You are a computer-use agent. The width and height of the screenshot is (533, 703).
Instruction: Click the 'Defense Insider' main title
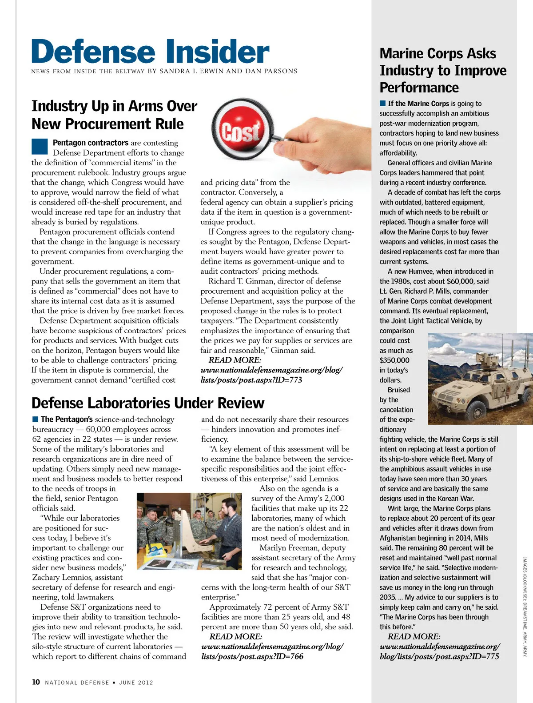(x=150, y=52)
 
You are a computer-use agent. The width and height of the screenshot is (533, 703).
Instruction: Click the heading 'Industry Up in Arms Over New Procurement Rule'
(x=114, y=115)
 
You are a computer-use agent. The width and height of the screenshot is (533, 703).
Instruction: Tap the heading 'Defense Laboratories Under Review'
(x=148, y=403)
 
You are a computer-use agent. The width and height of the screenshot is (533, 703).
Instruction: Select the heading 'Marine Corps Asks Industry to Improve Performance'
(x=443, y=70)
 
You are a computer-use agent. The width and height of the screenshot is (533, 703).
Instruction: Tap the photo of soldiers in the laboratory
(x=189, y=531)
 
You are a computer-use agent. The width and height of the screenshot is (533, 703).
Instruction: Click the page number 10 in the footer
(x=36, y=682)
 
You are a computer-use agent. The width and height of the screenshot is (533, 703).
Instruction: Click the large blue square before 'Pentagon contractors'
(x=40, y=146)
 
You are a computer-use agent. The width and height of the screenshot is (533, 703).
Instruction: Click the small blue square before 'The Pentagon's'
(x=36, y=419)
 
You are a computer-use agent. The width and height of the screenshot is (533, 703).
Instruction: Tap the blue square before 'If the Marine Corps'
(x=383, y=104)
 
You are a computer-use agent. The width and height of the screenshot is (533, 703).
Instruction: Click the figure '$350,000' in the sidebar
(x=394, y=360)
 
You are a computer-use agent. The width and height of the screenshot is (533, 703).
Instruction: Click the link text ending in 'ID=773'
(x=271, y=375)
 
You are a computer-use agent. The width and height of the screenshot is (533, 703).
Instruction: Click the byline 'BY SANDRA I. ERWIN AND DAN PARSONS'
(x=223, y=71)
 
